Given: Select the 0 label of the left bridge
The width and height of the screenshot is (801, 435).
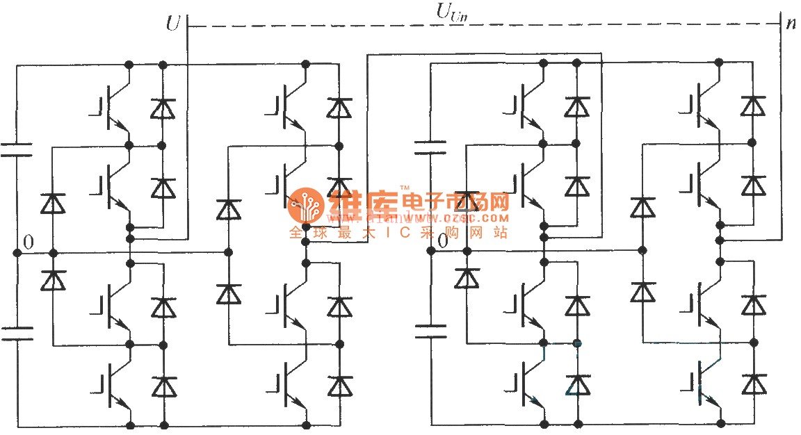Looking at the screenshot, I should pos(28,242).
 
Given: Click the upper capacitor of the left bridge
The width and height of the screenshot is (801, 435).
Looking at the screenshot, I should pos(16,150).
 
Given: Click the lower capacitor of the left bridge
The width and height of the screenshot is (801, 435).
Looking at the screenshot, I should pos(16,334).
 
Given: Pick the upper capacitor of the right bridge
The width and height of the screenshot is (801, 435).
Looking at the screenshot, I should pos(430,147).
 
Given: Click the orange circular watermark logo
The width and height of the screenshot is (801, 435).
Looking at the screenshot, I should pos(304,204).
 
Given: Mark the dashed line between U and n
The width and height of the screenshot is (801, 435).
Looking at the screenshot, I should pos(480,26).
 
